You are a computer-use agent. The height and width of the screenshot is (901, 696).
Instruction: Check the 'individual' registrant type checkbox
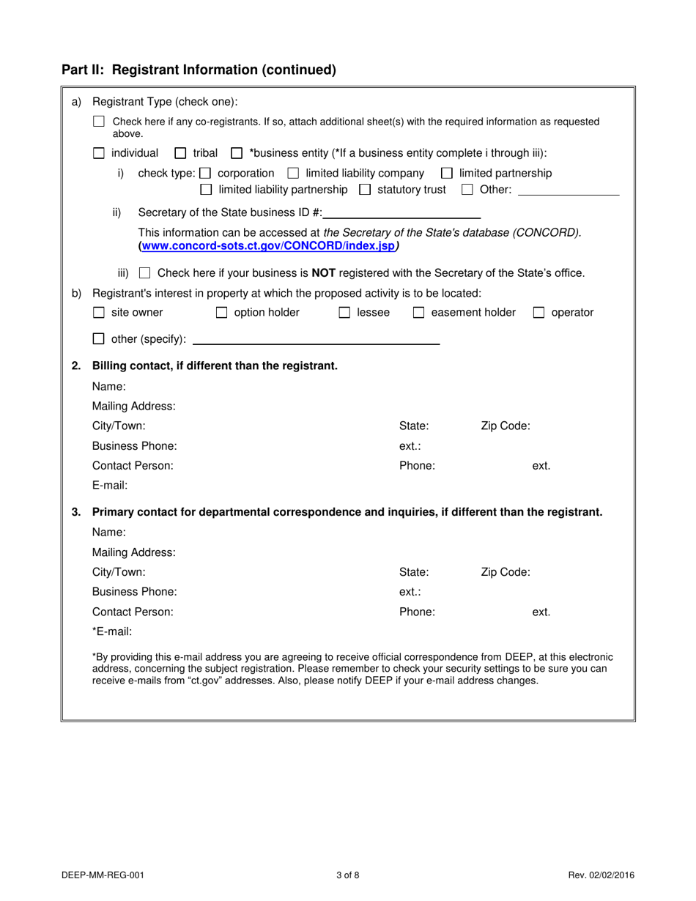(x=99, y=154)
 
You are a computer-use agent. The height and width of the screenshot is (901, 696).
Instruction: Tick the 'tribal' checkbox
(x=180, y=154)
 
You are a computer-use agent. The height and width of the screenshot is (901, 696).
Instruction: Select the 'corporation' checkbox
(x=205, y=174)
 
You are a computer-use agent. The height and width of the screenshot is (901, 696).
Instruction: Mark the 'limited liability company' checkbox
(x=293, y=174)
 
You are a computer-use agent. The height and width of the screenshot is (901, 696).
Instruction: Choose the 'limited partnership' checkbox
(x=446, y=174)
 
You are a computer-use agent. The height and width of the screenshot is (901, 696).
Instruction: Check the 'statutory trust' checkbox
(x=365, y=190)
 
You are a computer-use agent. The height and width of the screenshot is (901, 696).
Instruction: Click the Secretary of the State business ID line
(x=401, y=215)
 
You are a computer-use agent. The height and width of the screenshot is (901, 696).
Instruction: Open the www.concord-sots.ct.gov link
(x=267, y=246)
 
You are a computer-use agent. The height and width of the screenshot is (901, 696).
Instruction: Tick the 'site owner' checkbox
(x=99, y=314)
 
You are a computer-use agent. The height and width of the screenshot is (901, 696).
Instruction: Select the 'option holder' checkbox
(x=221, y=314)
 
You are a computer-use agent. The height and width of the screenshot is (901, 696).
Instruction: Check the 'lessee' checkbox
(x=344, y=314)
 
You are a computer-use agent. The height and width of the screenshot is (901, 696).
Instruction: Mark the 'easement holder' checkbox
(x=419, y=314)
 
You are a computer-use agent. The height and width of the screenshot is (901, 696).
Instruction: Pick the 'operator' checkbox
(x=538, y=314)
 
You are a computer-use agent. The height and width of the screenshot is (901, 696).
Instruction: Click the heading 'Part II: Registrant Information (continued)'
(x=199, y=70)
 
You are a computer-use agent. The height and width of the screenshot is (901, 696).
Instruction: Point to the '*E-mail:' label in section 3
(x=112, y=631)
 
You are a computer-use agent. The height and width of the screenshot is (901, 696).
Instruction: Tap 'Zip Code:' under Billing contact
(x=505, y=426)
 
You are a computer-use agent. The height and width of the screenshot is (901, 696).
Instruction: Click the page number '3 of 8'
(x=348, y=875)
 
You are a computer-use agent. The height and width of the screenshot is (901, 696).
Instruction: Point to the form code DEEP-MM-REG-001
(x=108, y=875)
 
